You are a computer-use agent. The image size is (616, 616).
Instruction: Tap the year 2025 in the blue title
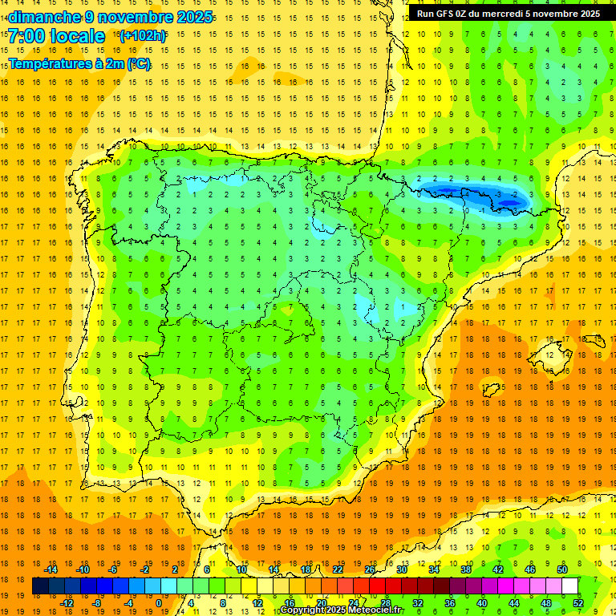(x=194, y=17)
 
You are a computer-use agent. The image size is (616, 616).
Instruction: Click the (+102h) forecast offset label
(x=142, y=36)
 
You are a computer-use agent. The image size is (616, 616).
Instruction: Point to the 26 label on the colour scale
(x=370, y=569)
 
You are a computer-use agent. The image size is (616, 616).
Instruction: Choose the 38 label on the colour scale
(x=466, y=569)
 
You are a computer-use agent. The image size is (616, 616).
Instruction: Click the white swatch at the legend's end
(x=570, y=586)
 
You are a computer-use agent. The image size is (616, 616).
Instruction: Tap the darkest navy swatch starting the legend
(x=40, y=586)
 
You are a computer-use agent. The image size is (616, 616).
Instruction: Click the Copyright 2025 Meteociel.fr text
(x=342, y=610)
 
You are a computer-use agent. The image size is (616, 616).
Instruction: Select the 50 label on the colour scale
(x=562, y=569)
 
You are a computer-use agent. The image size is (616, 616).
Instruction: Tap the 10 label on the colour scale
(x=241, y=569)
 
